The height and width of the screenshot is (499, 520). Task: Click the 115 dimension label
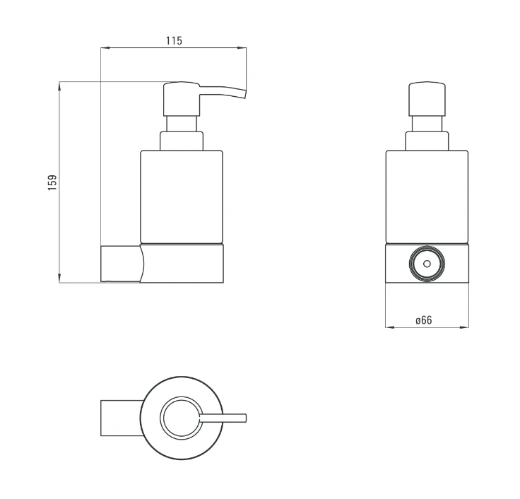tap(174, 41)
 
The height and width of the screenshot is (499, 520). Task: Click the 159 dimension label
tap(52, 182)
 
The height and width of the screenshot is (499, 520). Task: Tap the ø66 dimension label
tap(424, 320)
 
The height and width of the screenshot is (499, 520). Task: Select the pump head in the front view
tap(427, 99)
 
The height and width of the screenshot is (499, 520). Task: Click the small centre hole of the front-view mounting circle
tap(427, 264)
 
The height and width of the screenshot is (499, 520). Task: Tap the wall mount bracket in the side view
tap(123, 264)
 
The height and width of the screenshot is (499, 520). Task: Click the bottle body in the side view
tap(182, 197)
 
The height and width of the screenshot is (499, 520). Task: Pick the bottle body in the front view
tap(427, 197)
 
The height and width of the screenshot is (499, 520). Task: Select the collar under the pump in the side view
tap(182, 141)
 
